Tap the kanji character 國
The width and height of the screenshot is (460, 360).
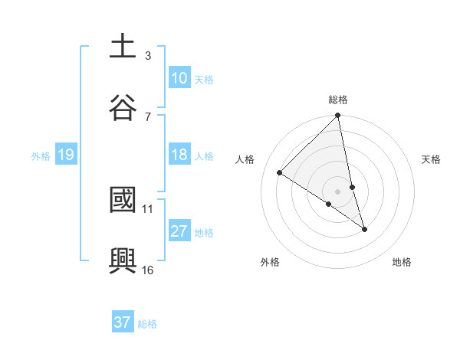123,201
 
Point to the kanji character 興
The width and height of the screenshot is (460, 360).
123,261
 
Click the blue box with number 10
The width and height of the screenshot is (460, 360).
179,78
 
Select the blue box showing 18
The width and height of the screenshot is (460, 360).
179,155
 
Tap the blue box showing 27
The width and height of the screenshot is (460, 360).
179,232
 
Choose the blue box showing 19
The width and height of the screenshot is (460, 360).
65,155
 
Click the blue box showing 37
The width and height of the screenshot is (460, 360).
123,322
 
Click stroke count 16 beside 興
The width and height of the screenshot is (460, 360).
148,270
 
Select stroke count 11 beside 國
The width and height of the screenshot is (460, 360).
148,208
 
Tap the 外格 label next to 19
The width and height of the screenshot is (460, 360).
41,156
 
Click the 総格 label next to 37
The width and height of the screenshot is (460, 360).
147,323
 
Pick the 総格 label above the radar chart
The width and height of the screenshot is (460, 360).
338,100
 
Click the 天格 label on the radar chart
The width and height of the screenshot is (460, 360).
432,159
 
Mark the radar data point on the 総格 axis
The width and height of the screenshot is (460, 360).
338,116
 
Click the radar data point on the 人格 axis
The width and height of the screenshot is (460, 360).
280,173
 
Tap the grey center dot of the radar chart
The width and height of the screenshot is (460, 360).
338,191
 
